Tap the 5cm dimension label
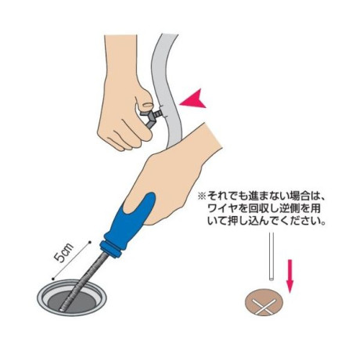[x=64, y=253]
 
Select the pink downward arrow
[x=290, y=275]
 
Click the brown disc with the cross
[x=264, y=302]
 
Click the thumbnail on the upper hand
[x=148, y=104]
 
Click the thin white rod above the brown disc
[x=272, y=257]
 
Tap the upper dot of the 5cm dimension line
[x=90, y=242]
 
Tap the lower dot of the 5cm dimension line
[x=53, y=279]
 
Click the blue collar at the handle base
[x=110, y=249]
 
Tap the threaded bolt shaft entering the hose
[x=158, y=113]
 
